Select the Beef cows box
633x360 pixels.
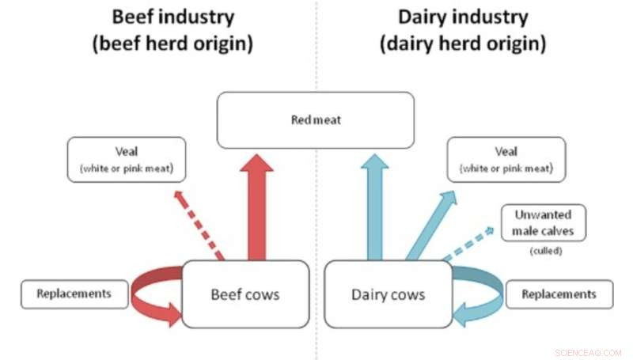pyautogui.click(x=244, y=294)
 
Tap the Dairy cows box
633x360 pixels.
pyautogui.click(x=388, y=294)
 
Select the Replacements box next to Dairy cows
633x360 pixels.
pyautogui.click(x=559, y=294)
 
